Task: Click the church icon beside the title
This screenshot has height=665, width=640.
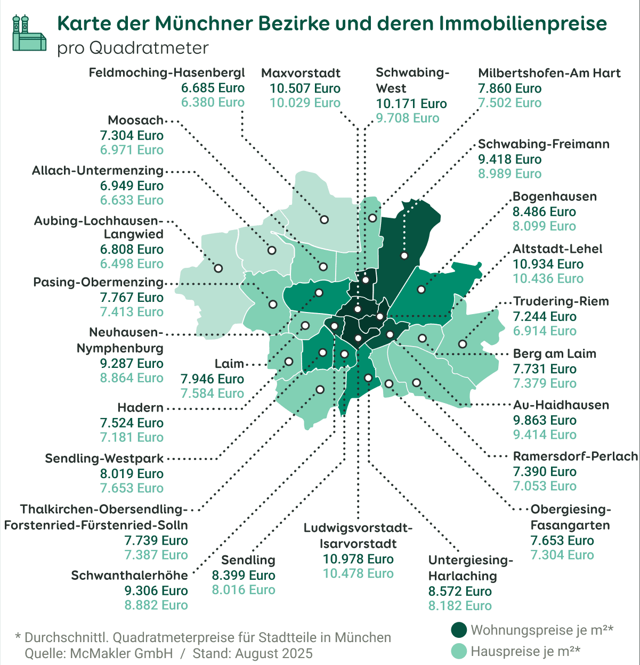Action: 29,33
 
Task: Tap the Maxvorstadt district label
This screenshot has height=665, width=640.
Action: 301,73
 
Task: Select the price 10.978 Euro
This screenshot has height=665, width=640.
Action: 358,559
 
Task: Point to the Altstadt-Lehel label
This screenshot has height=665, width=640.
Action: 557,249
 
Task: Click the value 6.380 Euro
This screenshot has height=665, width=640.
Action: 213,102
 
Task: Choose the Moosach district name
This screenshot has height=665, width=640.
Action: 135,120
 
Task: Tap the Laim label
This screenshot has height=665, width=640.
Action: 229,364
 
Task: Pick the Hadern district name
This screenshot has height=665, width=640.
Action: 141,408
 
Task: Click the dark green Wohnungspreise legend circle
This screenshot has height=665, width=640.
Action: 459,630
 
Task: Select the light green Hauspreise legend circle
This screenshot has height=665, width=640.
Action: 459,651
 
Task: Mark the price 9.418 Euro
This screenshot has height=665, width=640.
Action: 509,159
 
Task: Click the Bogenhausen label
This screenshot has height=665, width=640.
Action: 554,196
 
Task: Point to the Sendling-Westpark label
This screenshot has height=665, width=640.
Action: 104,458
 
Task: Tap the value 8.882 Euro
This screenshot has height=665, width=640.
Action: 156,605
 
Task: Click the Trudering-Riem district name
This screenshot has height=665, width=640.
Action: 561,301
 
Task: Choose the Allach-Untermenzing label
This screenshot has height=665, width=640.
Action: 98,170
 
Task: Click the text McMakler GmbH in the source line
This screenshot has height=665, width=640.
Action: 121,653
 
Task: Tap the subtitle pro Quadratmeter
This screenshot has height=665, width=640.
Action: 133,48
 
